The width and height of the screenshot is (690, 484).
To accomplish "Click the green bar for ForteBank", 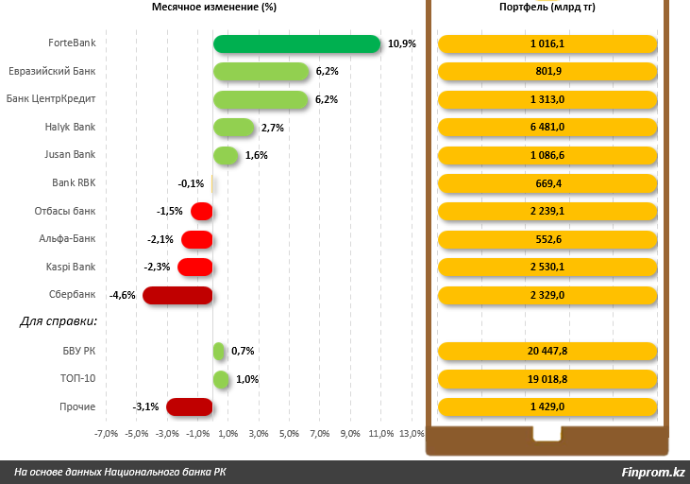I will [296, 43].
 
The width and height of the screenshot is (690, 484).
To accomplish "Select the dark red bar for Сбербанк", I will [177, 295].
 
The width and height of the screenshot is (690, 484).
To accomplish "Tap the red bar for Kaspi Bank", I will [195, 267].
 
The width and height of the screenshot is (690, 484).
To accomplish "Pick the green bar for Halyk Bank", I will [234, 128].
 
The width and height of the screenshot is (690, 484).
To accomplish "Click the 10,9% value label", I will [401, 43].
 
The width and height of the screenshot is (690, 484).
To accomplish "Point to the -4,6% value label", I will [123, 295].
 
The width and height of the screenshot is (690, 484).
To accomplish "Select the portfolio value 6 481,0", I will [547, 128].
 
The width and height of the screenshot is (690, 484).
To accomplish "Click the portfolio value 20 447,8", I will [547, 352].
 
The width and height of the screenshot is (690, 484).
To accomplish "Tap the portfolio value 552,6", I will [547, 239].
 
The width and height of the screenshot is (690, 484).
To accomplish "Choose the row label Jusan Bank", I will [70, 155].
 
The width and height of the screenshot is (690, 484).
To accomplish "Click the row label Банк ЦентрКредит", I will [51, 99].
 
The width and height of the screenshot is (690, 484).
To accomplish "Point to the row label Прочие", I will [78, 407].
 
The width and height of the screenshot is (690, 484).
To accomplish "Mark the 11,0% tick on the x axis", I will [381, 434].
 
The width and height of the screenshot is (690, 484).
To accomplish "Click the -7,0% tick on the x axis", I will [106, 434].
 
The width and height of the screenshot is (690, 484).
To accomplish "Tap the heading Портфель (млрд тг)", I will [547, 8].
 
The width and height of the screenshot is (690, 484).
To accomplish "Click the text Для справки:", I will [59, 322].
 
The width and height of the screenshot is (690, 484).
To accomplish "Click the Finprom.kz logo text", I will [653, 473].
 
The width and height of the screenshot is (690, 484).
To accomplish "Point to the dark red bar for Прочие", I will [189, 407].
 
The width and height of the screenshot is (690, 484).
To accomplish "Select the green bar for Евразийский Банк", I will [261, 72].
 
